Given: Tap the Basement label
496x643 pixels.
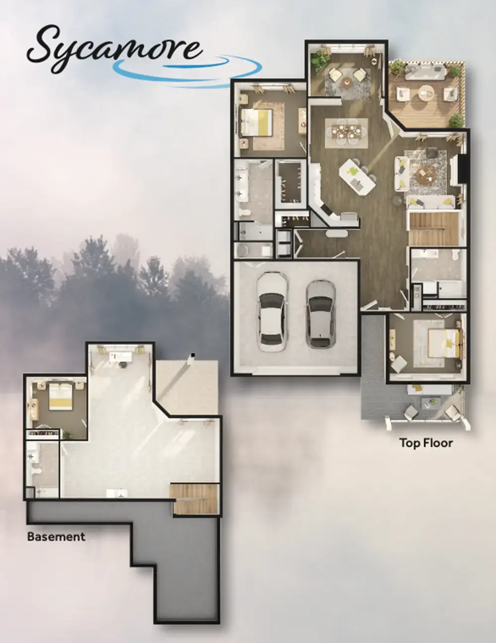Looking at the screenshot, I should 56,536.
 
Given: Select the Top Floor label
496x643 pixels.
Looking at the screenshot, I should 426,443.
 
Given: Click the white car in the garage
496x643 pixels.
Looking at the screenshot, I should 270,313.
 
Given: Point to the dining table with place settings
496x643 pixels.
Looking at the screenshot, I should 346,132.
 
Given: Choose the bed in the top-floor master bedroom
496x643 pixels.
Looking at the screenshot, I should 257,122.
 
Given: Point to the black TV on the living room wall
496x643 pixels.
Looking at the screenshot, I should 463,169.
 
